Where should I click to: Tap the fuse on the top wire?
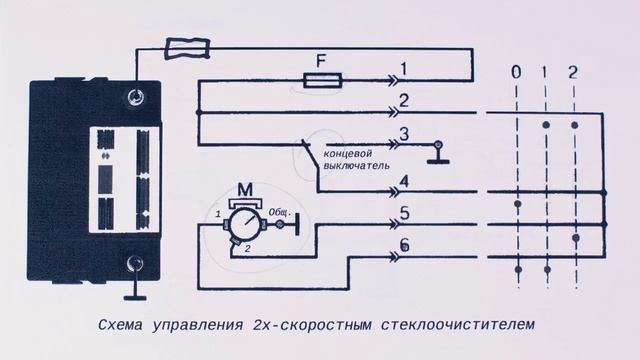(x=190, y=45)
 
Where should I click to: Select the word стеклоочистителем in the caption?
(x=451, y=325)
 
